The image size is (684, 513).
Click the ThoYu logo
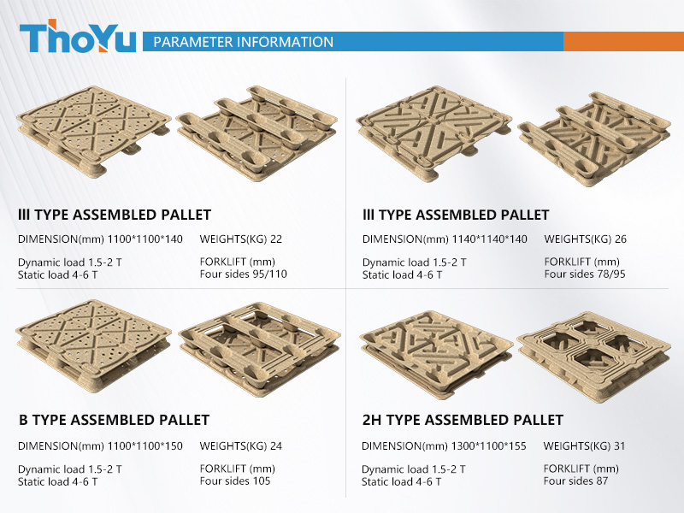coord(78,37)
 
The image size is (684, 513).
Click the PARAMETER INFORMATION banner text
coord(244,42)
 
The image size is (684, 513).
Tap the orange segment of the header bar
coord(624,41)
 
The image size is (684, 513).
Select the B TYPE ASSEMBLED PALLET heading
coord(115,420)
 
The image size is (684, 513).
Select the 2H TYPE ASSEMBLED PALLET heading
coord(463,420)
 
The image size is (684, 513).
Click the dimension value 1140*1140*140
coord(489,239)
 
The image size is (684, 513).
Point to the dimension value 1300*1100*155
coord(488,445)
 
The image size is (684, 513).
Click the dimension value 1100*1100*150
coord(144,445)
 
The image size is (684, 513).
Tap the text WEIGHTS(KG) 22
coord(241,239)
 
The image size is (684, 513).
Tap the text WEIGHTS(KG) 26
coord(586,239)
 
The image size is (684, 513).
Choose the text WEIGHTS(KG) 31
coord(584,445)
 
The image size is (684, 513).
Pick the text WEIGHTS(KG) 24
coord(241,445)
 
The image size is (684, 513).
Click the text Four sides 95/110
coord(244,274)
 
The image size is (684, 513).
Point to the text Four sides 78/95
coord(585,274)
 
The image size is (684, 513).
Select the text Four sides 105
coord(235,481)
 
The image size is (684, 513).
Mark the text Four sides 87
coord(575,481)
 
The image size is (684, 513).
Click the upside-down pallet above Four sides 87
coord(593,357)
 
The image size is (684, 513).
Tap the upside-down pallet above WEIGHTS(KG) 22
coord(256,133)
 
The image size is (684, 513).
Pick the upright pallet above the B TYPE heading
coord(93,345)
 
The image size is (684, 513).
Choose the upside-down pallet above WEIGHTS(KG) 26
coord(594,139)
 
